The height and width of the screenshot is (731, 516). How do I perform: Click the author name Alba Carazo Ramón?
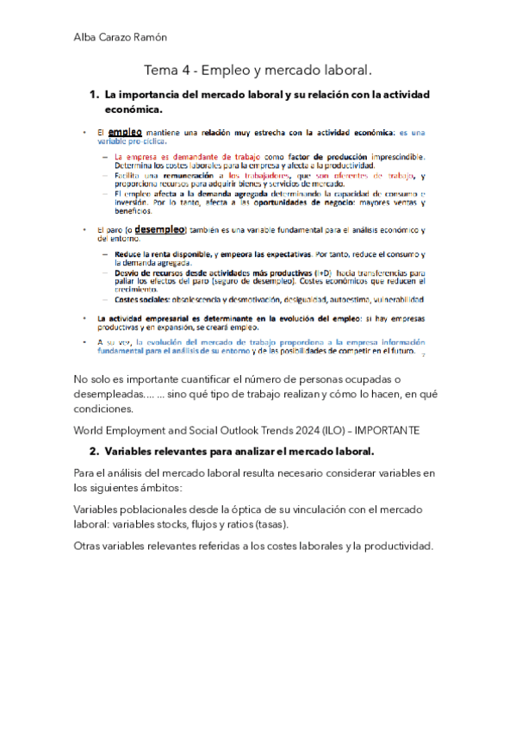[120, 37]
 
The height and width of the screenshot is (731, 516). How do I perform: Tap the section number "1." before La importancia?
[96, 94]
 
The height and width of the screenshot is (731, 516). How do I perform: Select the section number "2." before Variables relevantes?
[96, 452]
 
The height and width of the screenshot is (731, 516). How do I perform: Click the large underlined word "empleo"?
[125, 132]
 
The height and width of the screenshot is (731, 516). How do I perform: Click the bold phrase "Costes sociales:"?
[141, 300]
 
